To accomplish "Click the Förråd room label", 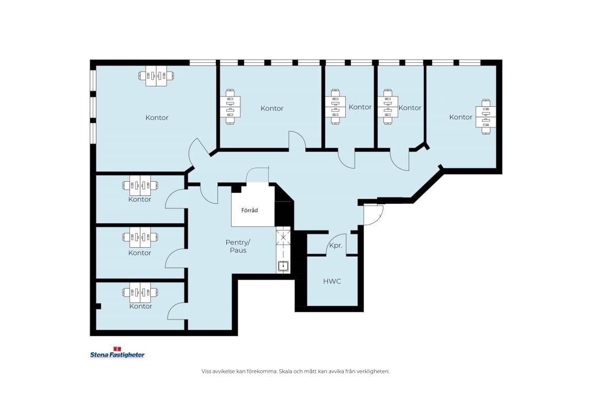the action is [x=249, y=210].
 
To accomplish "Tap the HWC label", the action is [x=332, y=281].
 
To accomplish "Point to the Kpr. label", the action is [x=336, y=246].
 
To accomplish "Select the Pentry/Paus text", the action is [x=238, y=246].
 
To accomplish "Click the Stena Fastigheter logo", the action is [x=117, y=352].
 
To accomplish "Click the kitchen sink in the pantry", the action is [x=283, y=266].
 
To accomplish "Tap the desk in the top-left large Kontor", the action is [x=156, y=76].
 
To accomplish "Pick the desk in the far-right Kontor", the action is [x=486, y=116].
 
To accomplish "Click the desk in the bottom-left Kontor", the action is [x=140, y=292].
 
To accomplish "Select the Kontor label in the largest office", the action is [x=157, y=118].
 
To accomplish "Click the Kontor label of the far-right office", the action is [x=460, y=117].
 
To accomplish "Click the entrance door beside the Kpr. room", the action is [x=374, y=215].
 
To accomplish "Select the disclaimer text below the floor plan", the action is [x=295, y=371].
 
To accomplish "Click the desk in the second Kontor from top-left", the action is [x=140, y=185].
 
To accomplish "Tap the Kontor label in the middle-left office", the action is [x=139, y=253].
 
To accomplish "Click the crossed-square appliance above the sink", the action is [x=283, y=237].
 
